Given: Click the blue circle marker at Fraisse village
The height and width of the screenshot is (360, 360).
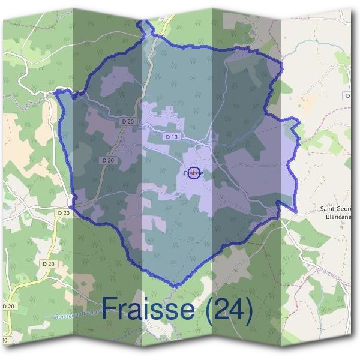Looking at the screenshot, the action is click(193, 173).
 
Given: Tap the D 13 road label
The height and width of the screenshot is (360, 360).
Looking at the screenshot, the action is click(172, 137).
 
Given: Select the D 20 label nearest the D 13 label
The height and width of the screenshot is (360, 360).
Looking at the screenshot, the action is click(128, 121).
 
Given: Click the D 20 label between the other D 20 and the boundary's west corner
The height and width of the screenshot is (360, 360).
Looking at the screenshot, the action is click(108, 160).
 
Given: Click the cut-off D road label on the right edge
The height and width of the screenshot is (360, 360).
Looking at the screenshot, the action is click(347, 96).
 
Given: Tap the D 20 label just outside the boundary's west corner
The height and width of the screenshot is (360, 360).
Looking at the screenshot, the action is click(64, 212).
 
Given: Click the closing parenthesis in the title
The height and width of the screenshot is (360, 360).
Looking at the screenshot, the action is click(248, 310).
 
